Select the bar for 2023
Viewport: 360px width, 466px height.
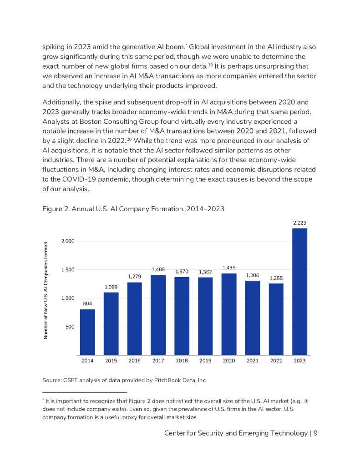tap(299, 291)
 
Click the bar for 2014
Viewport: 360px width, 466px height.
tap(87, 332)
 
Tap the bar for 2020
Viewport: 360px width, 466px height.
tap(229, 314)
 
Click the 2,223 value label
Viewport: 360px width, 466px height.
tap(299, 223)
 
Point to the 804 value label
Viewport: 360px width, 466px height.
tap(87, 304)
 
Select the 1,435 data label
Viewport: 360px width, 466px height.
tap(229, 268)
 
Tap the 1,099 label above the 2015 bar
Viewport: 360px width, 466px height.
tap(111, 287)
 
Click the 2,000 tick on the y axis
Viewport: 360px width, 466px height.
tap(68, 241)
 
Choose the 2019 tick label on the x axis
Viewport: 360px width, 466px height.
tap(205, 360)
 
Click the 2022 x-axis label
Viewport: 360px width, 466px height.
tap(276, 360)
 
